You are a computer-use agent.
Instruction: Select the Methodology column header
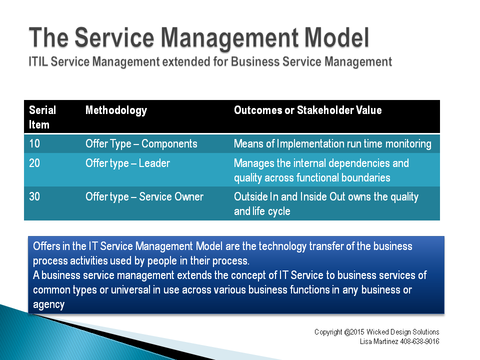(116, 110)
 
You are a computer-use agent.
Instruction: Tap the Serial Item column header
(42, 117)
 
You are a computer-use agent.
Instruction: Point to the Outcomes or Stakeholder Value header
(308, 110)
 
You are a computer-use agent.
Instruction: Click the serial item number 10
(34, 143)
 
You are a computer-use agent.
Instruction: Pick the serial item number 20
(34, 163)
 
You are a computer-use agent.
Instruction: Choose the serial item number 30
(34, 196)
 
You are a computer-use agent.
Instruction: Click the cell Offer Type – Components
(141, 144)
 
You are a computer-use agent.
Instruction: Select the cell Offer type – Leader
(127, 163)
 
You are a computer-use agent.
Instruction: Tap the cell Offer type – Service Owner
(144, 197)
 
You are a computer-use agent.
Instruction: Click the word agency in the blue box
(48, 304)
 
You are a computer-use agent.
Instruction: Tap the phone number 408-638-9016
(419, 341)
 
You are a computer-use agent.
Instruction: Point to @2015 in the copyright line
(354, 332)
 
